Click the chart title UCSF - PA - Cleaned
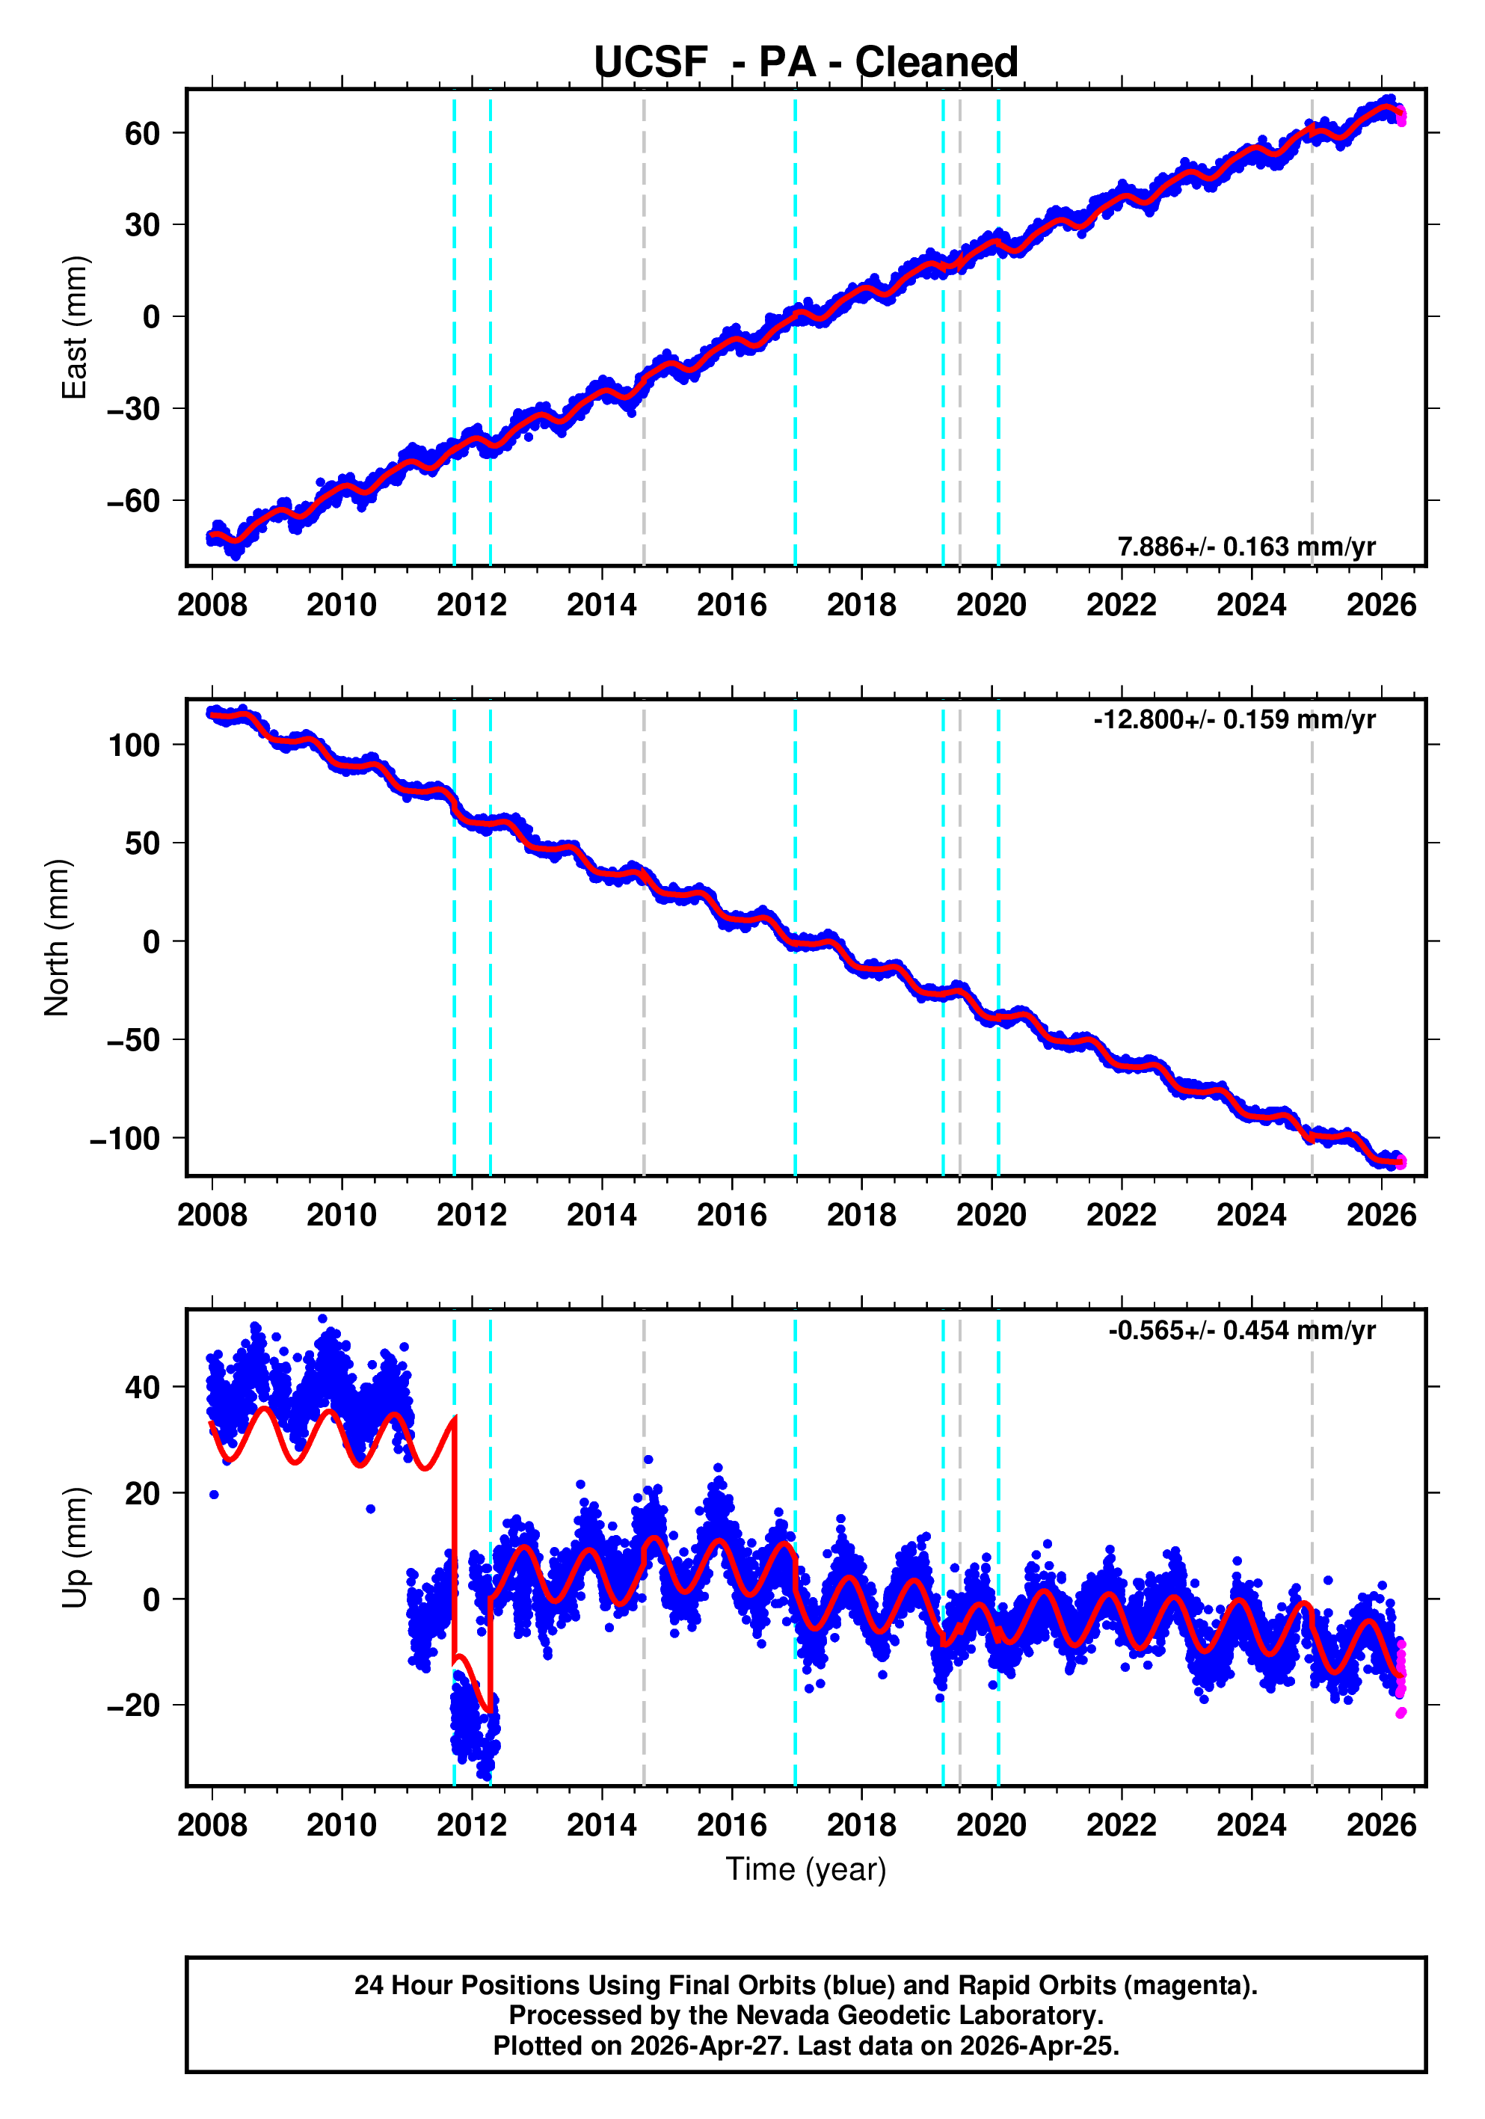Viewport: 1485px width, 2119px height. pos(806,62)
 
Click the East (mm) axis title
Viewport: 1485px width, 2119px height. pos(74,327)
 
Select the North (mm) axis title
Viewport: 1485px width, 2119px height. pos(58,938)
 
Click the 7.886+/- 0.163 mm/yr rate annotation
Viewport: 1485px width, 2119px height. pos(1246,547)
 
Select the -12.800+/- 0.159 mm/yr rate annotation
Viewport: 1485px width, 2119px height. pos(1234,719)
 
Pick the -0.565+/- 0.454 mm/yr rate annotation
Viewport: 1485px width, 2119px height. pos(1241,1330)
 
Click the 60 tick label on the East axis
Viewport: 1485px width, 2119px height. pos(142,133)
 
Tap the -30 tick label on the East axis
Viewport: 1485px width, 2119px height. pos(133,409)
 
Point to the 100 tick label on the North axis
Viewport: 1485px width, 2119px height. pos(135,745)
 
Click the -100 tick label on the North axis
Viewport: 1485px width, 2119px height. pos(126,1139)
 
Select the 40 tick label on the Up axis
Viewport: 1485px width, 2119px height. pos(142,1386)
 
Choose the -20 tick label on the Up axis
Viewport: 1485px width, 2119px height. pos(133,1705)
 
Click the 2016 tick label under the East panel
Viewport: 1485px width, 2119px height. pos(732,606)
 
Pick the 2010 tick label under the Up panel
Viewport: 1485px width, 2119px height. pos(342,1824)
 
